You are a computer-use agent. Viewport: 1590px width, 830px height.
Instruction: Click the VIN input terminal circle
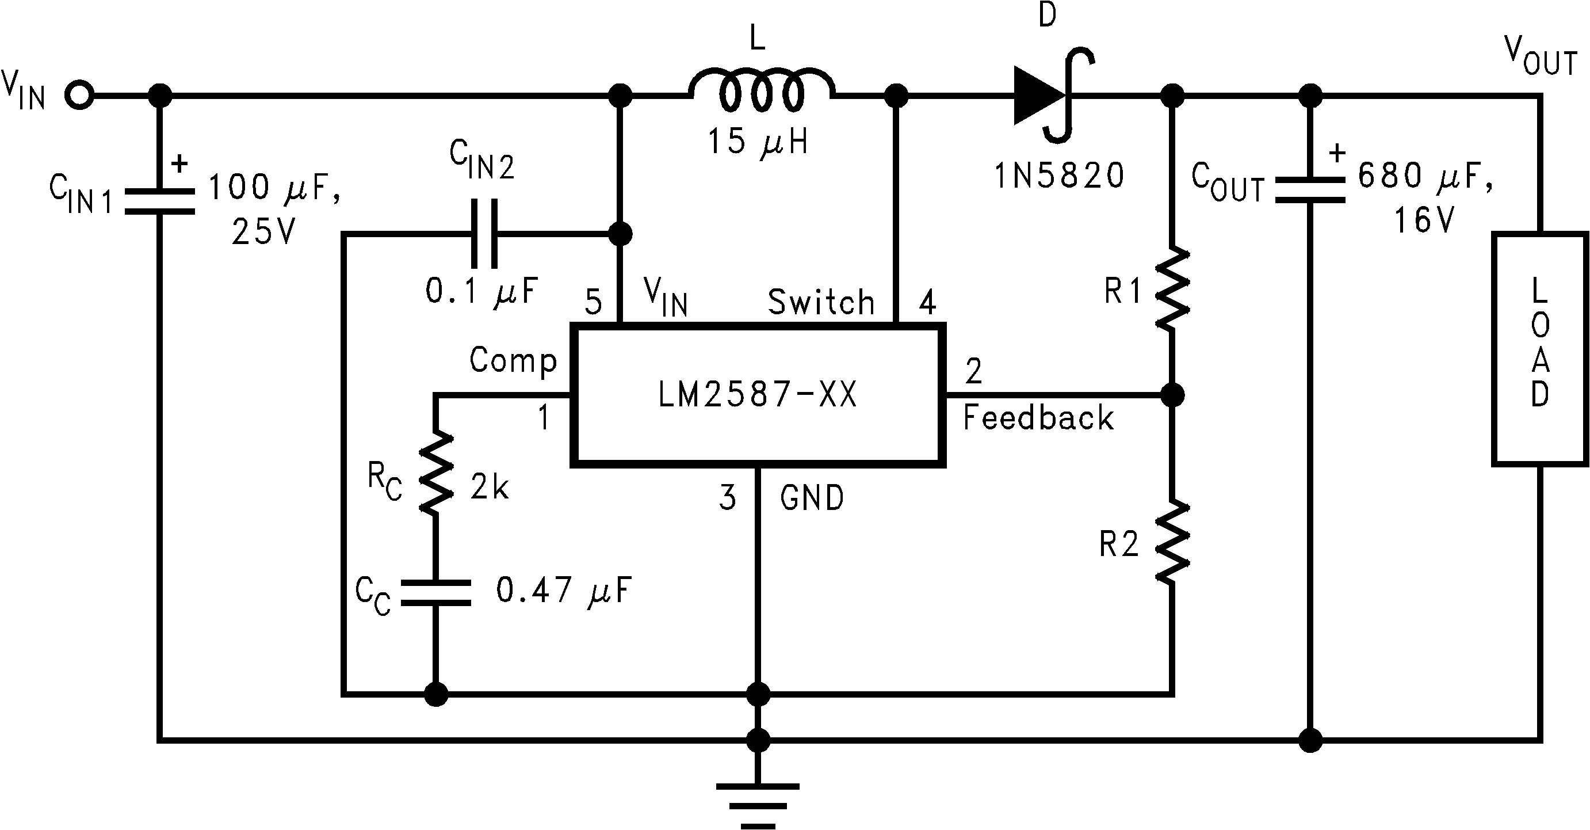79,96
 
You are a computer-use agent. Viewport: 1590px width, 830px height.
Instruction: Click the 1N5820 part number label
1059,176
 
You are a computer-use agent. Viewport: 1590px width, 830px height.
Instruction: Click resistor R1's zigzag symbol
1172,289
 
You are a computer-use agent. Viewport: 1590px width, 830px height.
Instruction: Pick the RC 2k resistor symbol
437,473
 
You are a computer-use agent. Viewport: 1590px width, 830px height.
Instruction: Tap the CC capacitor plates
436,592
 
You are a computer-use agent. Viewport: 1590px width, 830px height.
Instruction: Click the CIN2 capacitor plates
484,234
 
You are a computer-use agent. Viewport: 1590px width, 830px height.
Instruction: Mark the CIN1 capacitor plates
160,201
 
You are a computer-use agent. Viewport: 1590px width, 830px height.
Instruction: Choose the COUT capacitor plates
1310,189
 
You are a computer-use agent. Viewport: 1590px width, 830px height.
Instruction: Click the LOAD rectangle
1539,349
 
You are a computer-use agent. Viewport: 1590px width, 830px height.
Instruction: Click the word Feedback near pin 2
1038,417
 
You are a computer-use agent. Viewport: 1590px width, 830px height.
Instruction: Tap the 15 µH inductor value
758,142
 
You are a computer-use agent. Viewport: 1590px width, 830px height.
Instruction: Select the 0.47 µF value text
564,591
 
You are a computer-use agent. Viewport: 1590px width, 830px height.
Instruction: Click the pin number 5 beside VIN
593,302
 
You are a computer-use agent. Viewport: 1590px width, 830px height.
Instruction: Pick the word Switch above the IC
821,302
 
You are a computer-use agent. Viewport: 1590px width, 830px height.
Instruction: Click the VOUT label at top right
1540,57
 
